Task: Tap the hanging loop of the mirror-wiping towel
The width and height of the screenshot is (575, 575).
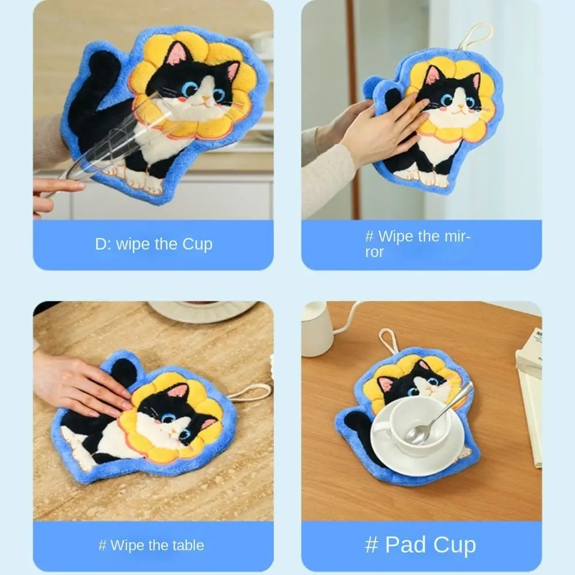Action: [476, 36]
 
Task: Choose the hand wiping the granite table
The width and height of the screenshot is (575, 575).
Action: [80, 382]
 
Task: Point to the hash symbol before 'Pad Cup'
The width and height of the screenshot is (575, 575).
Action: [371, 545]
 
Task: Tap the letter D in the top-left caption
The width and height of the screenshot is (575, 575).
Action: [100, 244]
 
